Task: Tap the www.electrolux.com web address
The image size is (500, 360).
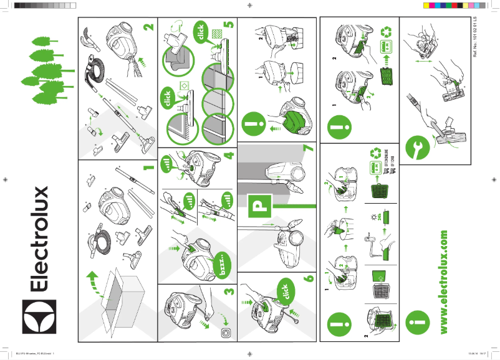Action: coord(443,281)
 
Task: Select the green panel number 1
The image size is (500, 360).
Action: coord(148,168)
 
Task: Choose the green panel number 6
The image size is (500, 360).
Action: coord(308,281)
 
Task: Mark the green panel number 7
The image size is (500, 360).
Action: coord(308,150)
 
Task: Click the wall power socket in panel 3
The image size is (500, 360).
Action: coord(224,333)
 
